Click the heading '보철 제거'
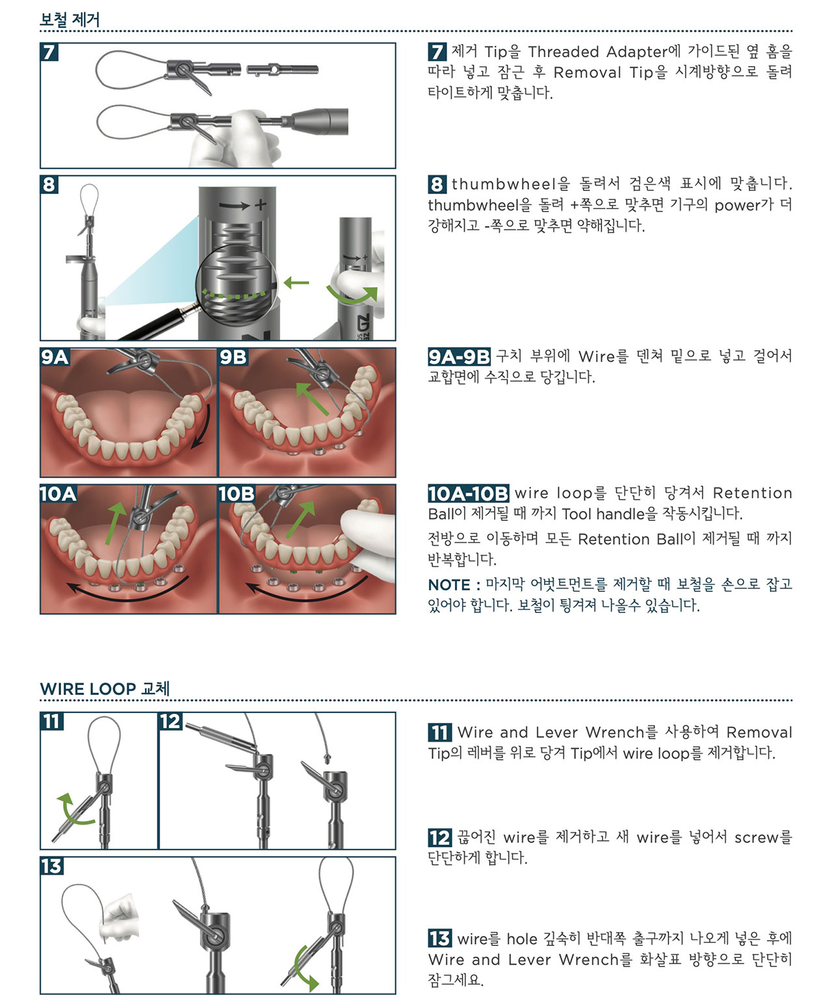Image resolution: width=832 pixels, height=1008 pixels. pyautogui.click(x=70, y=19)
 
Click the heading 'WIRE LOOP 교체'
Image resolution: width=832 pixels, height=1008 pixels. pyautogui.click(x=105, y=688)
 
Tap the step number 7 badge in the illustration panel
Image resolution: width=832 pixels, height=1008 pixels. pyautogui.click(x=49, y=52)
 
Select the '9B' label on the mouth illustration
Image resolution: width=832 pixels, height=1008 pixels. pyautogui.click(x=233, y=357)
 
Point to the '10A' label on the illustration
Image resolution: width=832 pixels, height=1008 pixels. pyautogui.click(x=58, y=494)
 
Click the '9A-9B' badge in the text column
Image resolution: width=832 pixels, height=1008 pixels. pyautogui.click(x=459, y=357)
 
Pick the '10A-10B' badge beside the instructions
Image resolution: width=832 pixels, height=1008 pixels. pyautogui.click(x=468, y=494)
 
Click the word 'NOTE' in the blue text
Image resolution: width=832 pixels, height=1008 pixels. pyautogui.click(x=449, y=585)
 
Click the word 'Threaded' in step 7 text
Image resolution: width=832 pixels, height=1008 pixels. pyautogui.click(x=564, y=52)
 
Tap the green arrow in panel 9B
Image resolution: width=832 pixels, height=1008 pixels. pyautogui.click(x=311, y=399)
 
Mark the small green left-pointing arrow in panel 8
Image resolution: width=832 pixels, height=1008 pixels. pyautogui.click(x=296, y=283)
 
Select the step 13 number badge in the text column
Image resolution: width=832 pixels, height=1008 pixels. pyautogui.click(x=439, y=939)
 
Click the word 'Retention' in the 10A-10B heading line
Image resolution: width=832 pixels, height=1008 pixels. pyautogui.click(x=752, y=493)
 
